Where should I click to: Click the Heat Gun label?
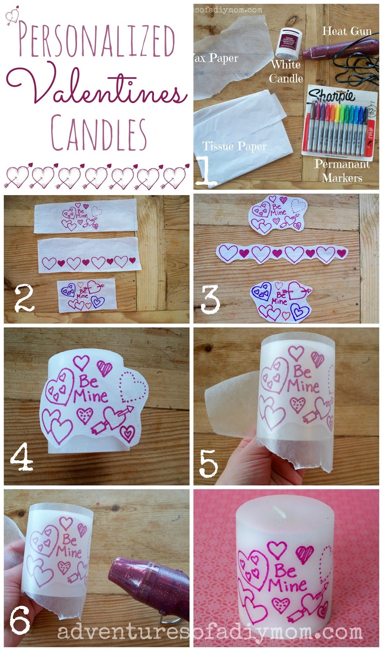[x=347, y=31]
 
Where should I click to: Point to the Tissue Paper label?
[x=234, y=146]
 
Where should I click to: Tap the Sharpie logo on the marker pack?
[x=331, y=96]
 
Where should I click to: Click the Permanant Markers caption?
[x=342, y=171]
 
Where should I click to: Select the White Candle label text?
[x=286, y=71]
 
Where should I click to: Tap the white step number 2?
[x=24, y=299]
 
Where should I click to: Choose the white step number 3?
[x=210, y=299]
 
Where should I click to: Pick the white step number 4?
[x=21, y=457]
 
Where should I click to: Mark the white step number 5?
[x=208, y=463]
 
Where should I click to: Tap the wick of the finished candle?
[x=280, y=511]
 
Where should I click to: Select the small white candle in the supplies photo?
[x=288, y=43]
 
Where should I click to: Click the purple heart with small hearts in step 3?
[x=260, y=292]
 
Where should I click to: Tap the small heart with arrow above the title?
[x=12, y=15]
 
